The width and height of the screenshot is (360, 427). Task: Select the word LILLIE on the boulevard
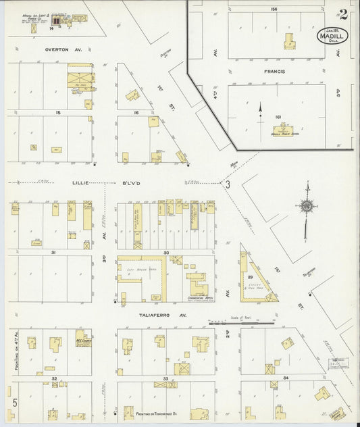pos(81,182)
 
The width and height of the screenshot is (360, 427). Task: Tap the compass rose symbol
pos(307,205)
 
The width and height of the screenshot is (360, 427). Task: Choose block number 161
pos(278,116)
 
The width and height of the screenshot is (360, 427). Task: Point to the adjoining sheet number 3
pos(228,183)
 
